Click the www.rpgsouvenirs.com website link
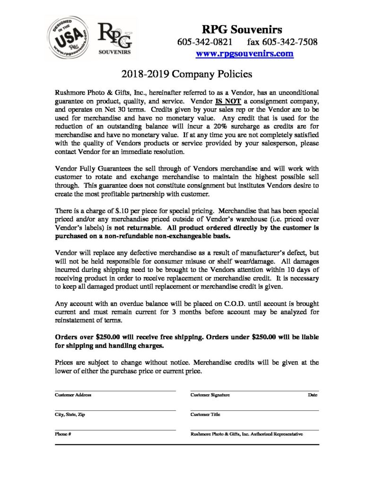click(x=245, y=53)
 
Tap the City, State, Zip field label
click(x=70, y=414)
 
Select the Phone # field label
click(x=63, y=433)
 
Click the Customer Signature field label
click(x=210, y=395)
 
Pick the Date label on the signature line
click(x=313, y=395)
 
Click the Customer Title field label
click(x=205, y=414)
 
